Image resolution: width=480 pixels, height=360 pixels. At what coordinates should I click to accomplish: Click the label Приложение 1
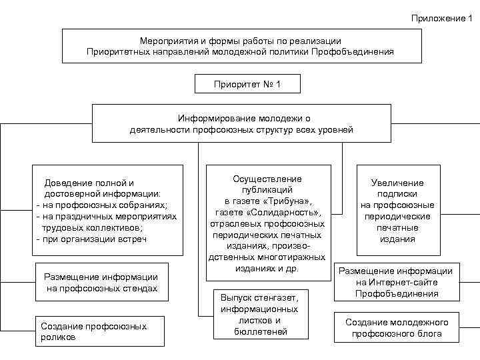440,18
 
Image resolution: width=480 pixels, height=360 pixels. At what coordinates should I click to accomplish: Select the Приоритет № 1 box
247,85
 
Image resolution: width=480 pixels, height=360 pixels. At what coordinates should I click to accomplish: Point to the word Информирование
210,118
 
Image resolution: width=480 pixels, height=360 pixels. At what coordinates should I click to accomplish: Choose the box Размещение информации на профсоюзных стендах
101,283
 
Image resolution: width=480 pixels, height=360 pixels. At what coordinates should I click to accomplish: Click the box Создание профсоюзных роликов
99,331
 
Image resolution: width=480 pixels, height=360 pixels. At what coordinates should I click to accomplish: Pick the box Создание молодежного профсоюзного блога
397,327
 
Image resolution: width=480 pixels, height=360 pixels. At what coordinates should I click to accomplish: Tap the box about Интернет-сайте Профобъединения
397,282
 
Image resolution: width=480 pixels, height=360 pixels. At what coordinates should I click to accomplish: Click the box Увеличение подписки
397,211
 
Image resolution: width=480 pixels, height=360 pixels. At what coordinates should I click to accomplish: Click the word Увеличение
397,183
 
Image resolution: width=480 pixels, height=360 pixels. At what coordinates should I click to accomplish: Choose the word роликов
58,337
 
